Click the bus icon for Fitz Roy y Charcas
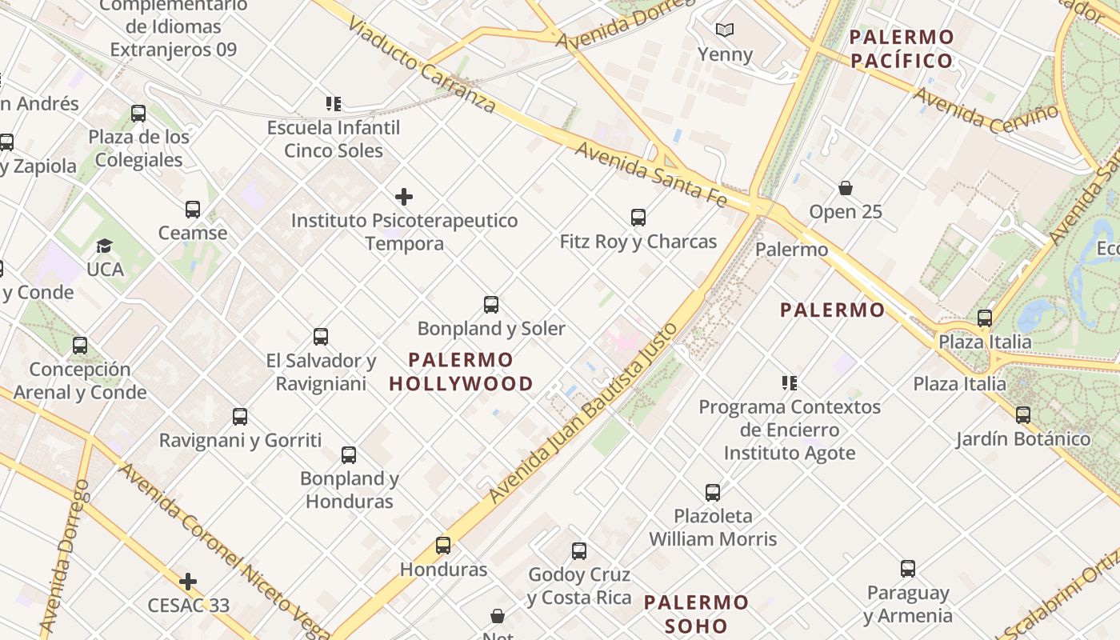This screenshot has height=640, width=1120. (638, 217)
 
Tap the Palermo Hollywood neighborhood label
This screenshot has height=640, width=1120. (461, 372)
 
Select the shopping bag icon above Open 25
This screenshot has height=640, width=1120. (845, 188)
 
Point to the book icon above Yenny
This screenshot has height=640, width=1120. (725, 30)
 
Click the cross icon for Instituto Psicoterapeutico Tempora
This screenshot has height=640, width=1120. (404, 196)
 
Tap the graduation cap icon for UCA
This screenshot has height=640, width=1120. (105, 246)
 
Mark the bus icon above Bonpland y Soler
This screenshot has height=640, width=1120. (491, 305)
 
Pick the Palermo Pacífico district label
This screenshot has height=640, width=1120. (902, 49)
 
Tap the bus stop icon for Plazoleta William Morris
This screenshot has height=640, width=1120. (713, 492)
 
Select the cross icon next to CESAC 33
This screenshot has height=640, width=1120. (188, 581)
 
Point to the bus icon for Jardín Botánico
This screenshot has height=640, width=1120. (1022, 415)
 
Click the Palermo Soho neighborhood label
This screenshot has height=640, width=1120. (697, 614)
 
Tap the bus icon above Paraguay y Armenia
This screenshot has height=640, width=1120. (907, 569)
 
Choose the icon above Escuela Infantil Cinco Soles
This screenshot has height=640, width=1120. (334, 103)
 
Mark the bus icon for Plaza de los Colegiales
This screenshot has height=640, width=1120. (138, 114)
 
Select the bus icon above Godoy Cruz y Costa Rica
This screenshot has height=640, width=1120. (579, 550)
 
